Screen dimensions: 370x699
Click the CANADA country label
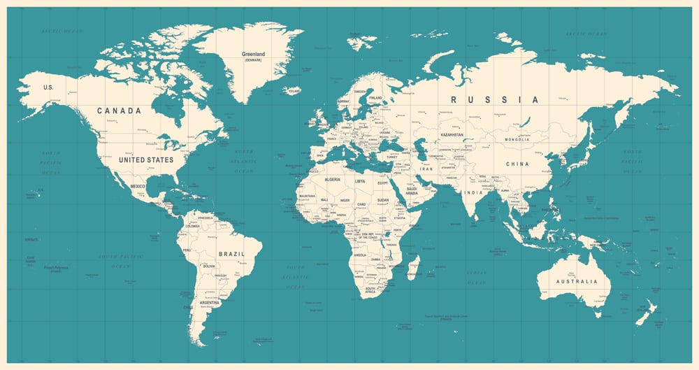click(119, 111)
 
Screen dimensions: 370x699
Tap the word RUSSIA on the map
click(494, 100)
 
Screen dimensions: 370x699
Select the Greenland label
click(253, 54)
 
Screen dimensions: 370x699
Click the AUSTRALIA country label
click(577, 281)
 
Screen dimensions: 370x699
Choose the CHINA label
click(518, 164)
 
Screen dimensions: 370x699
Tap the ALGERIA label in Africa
click(332, 180)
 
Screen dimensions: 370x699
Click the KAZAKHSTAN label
click(452, 134)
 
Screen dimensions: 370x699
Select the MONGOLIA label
click(517, 140)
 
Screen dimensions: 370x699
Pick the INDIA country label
click(474, 192)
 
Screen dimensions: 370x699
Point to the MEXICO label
click(138, 186)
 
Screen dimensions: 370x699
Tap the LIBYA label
click(360, 181)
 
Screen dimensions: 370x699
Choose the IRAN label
click(426, 169)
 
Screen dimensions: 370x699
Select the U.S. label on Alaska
click(48, 87)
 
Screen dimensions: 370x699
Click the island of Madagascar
click(414, 267)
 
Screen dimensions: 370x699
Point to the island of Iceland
click(293, 91)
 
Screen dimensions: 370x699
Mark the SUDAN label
click(382, 200)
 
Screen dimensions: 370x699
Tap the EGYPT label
click(382, 183)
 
